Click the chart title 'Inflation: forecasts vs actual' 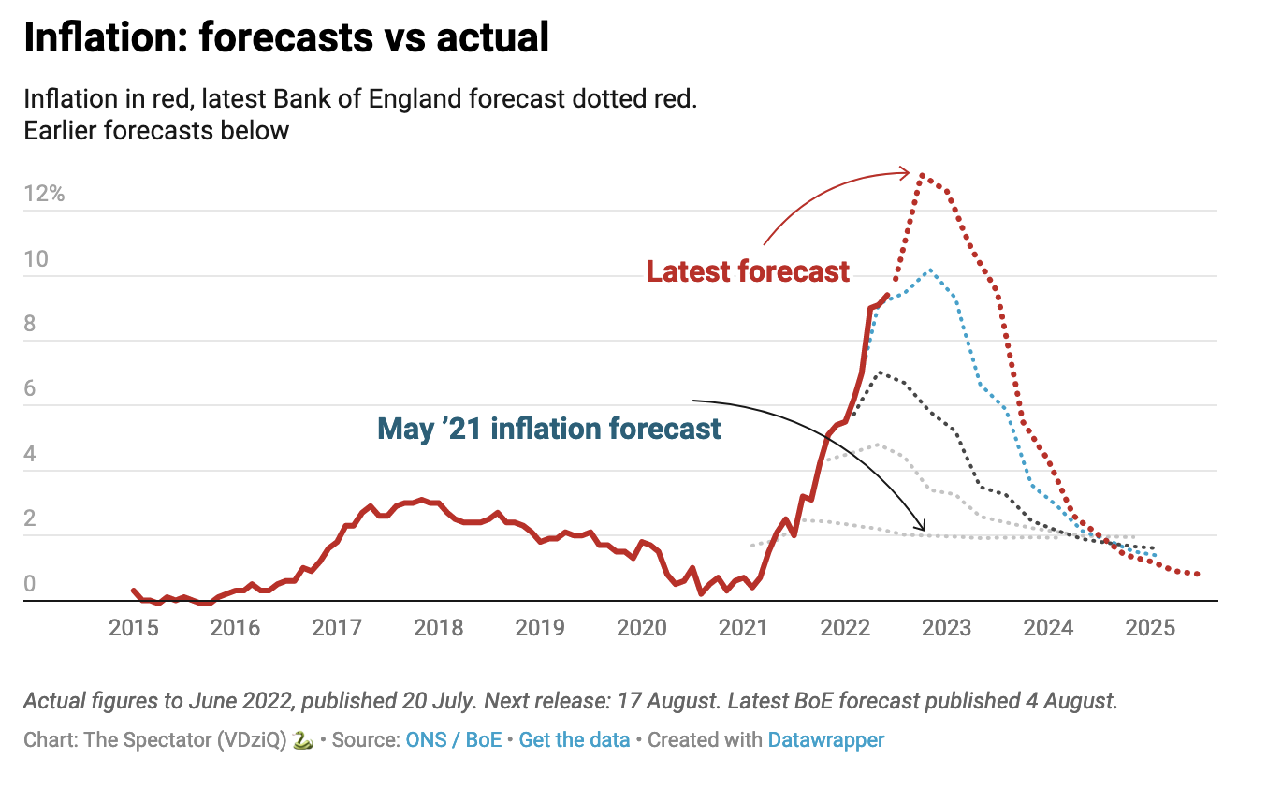click(285, 38)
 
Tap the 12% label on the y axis click(44, 195)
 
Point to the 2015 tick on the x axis click(133, 627)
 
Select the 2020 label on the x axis click(641, 627)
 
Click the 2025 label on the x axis click(1150, 627)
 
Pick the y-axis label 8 click(30, 324)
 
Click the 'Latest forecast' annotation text click(748, 271)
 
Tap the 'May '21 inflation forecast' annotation click(549, 430)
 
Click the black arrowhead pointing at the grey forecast click(924, 528)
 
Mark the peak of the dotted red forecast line click(923, 175)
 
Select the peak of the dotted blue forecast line click(929, 270)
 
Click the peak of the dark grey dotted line click(878, 372)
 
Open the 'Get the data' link click(575, 740)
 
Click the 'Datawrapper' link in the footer click(826, 740)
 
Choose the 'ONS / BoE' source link click(453, 740)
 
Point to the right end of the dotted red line click(1198, 574)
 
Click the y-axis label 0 click(30, 584)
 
